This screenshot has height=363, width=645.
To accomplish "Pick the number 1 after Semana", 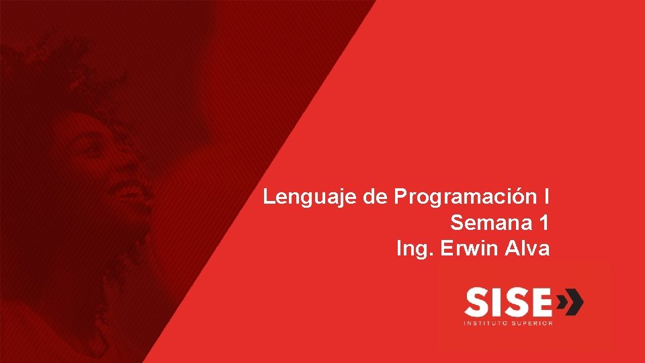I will pos(544,223).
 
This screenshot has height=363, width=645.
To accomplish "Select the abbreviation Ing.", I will pos(415,249).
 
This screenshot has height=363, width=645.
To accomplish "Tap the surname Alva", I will pos(527,249).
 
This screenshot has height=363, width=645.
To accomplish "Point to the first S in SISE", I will pos(477,302).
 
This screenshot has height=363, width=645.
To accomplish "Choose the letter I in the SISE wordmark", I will pos(497,302).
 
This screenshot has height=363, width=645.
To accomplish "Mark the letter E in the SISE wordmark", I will pos(541,302).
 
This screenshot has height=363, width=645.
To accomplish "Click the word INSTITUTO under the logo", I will pos(485,323).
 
